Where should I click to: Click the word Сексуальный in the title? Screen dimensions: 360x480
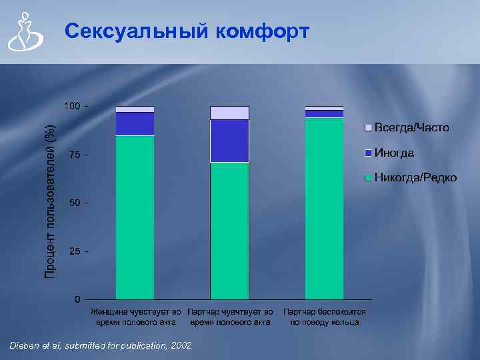137,31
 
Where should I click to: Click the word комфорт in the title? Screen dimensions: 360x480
263,31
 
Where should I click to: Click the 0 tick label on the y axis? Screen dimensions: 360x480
78,299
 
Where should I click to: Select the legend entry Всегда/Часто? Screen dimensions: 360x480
411,127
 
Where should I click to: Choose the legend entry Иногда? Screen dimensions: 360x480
394,153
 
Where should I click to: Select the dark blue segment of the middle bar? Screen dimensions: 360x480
229,141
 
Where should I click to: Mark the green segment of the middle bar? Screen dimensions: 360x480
229,230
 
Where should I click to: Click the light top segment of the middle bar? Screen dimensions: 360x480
229,113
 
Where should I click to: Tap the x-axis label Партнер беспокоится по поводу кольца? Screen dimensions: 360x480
324,317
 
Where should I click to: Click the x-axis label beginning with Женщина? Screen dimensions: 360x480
135,317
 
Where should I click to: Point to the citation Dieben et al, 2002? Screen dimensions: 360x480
100,345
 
